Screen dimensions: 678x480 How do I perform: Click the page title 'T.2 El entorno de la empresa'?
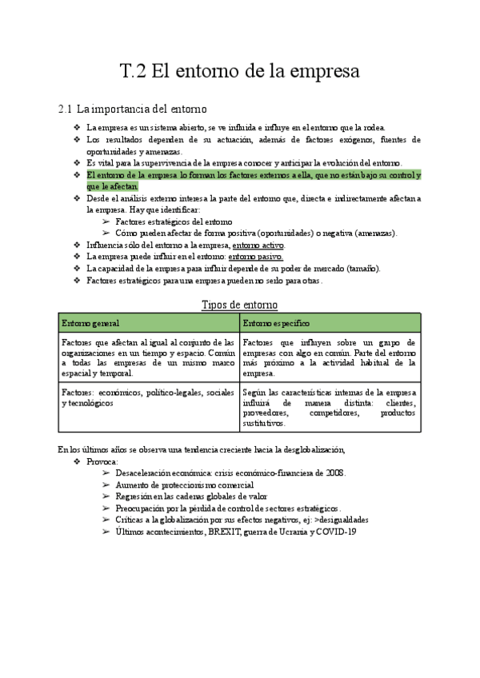tap(239, 71)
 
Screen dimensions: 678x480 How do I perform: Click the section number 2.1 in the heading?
tap(66, 109)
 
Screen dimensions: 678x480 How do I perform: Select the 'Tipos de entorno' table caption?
tap(239, 305)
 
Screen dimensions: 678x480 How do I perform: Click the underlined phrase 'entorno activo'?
tap(258, 245)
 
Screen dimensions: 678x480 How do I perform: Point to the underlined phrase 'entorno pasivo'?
tap(255, 257)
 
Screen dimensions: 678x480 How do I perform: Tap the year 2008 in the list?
tap(336, 473)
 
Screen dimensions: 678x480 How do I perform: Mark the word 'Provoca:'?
tap(102, 461)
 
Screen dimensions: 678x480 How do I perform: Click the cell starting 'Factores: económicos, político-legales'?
tap(149, 398)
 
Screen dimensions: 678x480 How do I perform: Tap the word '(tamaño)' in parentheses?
tap(362, 269)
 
